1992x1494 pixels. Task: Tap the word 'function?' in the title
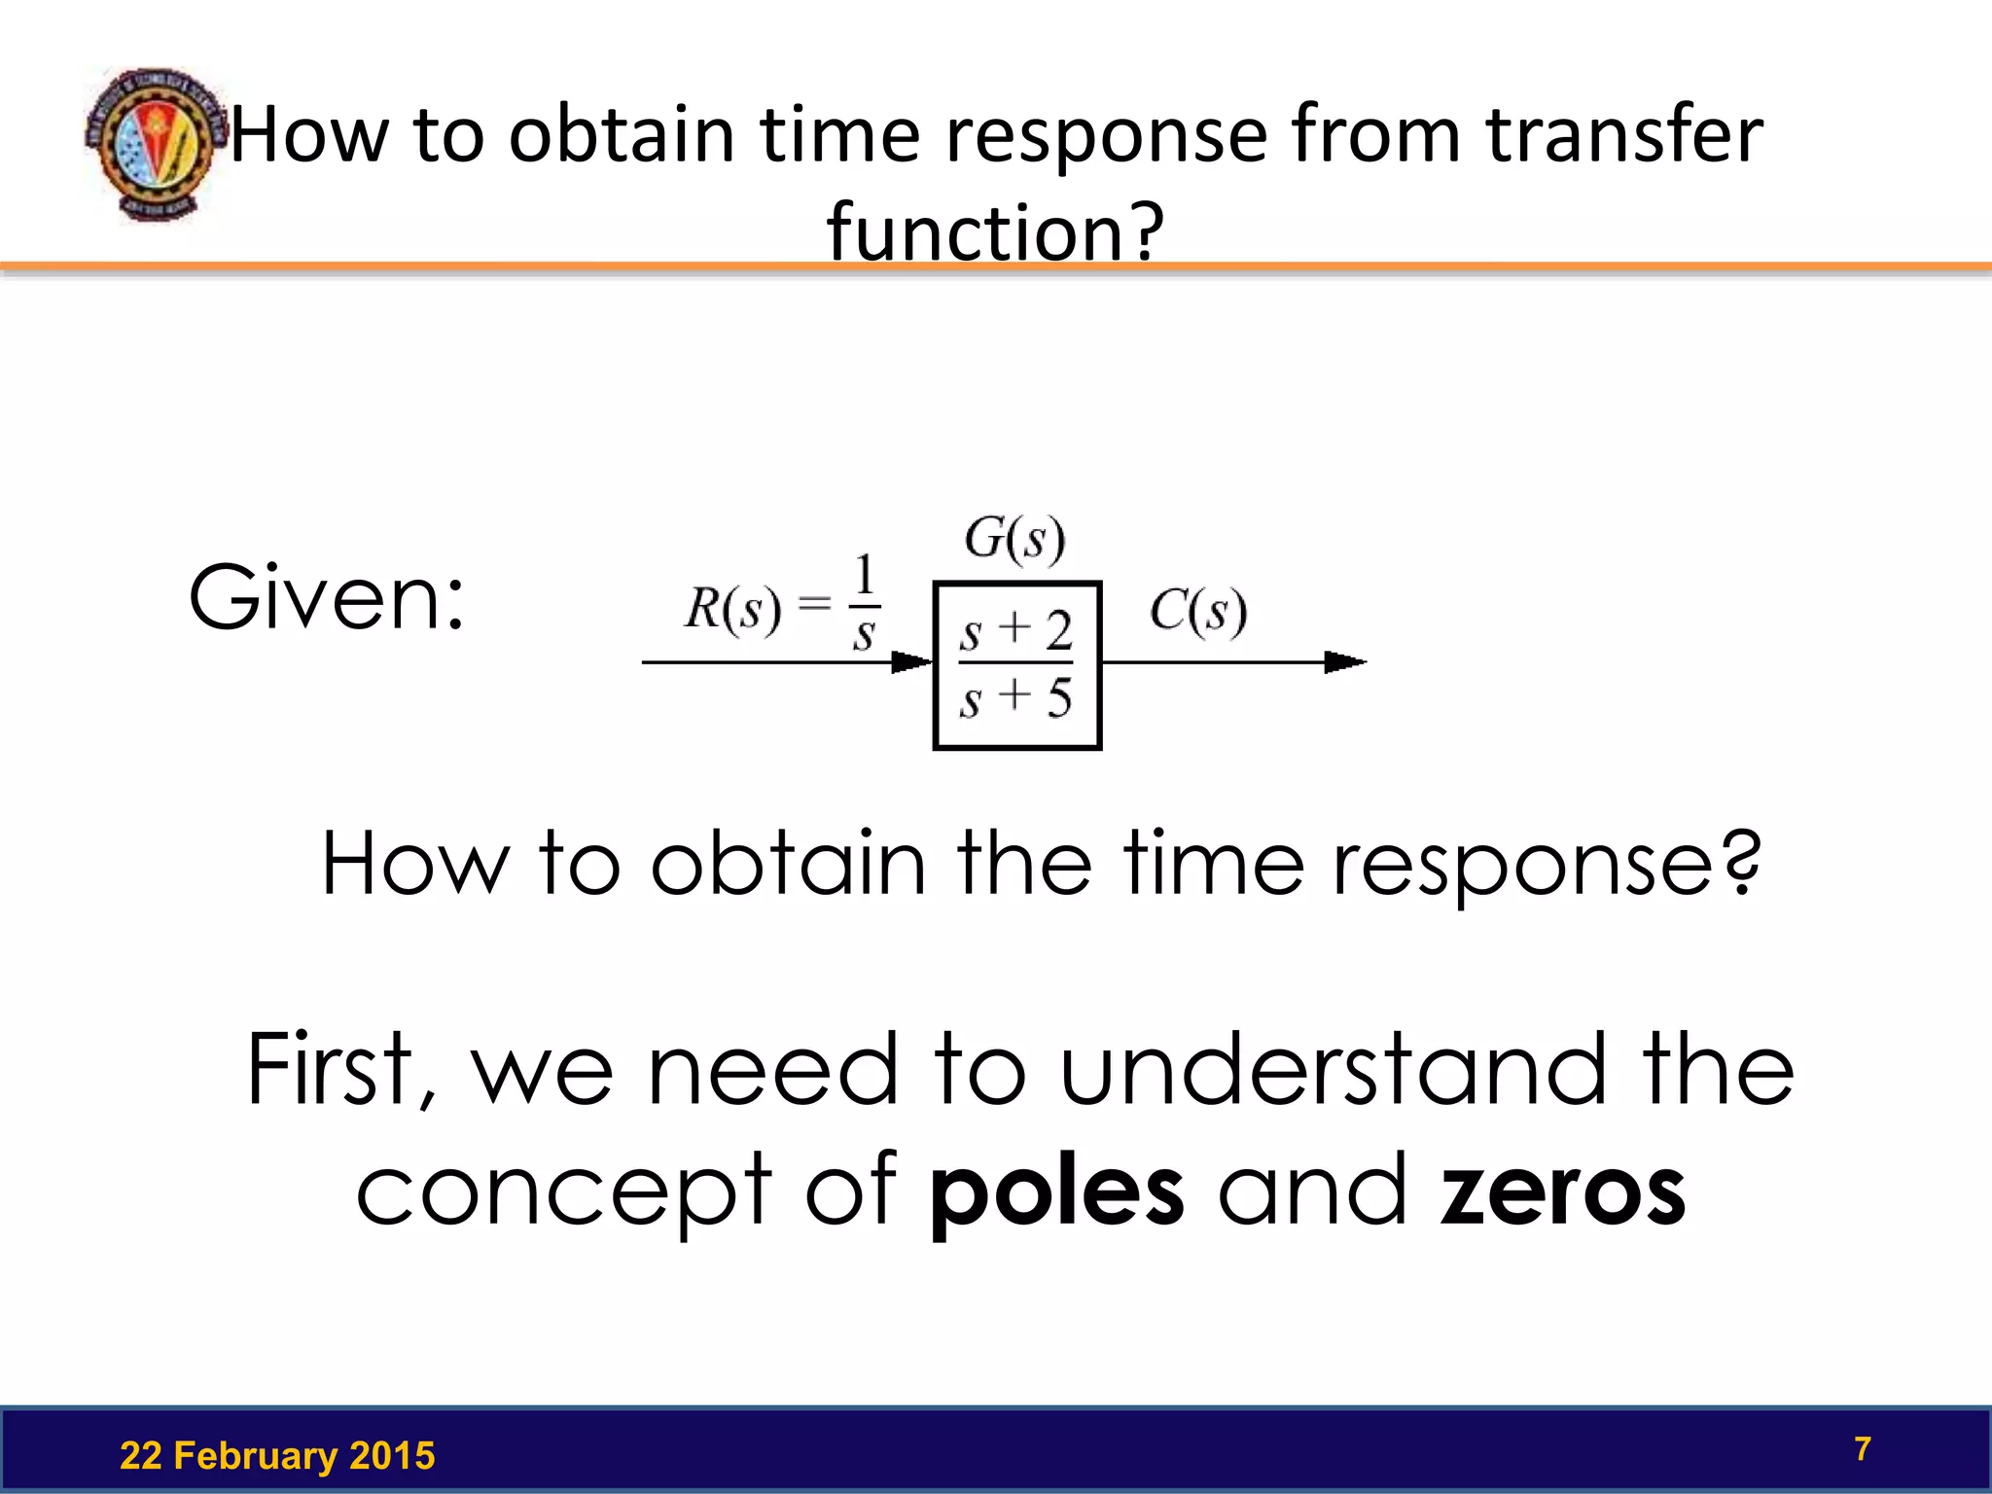[x=994, y=232]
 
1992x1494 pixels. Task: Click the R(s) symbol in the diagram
[x=732, y=611]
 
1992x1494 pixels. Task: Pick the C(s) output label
[x=1197, y=612]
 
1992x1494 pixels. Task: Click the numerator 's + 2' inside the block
[x=1015, y=631]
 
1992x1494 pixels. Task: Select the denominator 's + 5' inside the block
[x=1015, y=697]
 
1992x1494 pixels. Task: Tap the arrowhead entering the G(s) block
[x=912, y=662]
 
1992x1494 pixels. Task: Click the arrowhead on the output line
[x=1345, y=662]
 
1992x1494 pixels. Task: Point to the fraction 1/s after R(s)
[x=864, y=603]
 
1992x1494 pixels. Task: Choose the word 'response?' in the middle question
[x=1546, y=864]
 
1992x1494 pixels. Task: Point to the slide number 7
[x=1862, y=1449]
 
